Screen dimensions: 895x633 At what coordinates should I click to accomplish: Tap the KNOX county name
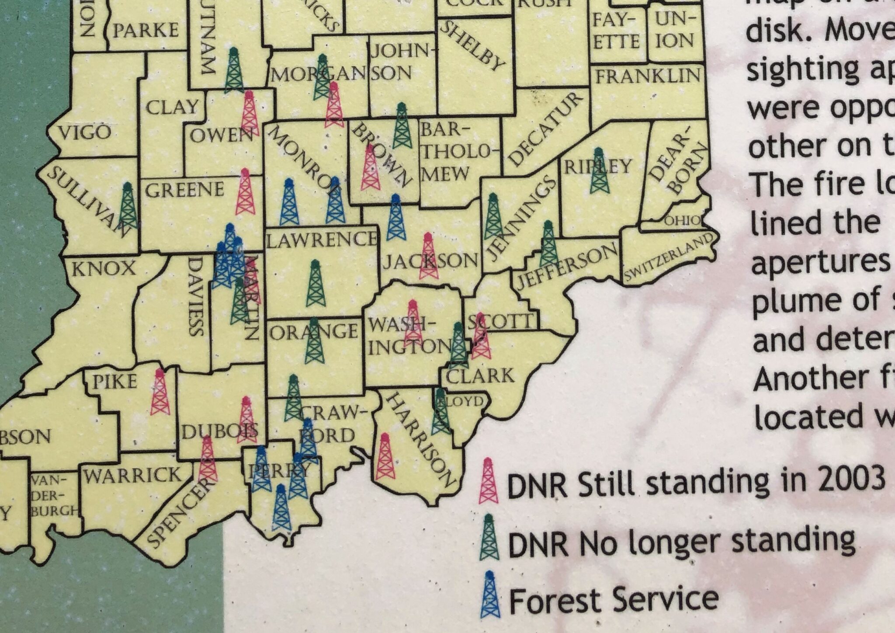[x=104, y=268]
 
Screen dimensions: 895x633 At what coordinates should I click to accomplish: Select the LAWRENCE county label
[x=321, y=239]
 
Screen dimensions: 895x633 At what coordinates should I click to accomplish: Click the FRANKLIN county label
[x=648, y=76]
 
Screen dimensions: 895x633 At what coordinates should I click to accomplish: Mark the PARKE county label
[x=146, y=30]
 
